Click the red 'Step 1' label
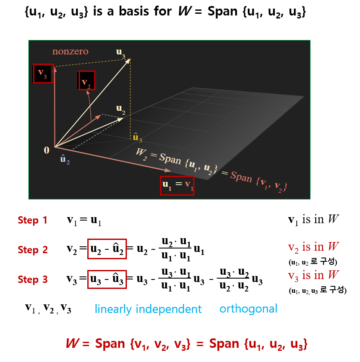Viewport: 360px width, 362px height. tap(33, 221)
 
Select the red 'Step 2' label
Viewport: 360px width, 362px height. tap(33, 250)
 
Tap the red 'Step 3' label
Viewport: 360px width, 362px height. tap(33, 279)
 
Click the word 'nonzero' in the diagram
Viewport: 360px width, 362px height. tap(70, 52)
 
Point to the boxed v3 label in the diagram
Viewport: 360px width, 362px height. tap(43, 74)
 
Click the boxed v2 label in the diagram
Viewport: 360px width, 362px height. tap(87, 80)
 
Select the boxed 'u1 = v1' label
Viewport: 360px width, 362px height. tap(177, 186)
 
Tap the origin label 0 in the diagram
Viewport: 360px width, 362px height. tap(46, 150)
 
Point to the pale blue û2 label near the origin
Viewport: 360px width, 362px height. tap(65, 160)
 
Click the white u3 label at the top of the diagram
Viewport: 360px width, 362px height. tap(121, 52)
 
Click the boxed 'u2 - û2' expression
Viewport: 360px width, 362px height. tap(106, 249)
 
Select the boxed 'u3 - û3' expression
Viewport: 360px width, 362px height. tap(106, 279)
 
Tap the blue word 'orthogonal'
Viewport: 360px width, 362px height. tap(248, 309)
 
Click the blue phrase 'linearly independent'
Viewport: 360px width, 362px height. tap(148, 309)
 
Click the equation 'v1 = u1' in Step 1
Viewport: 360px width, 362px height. tap(84, 221)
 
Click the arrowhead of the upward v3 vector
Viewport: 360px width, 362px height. tap(55, 68)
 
